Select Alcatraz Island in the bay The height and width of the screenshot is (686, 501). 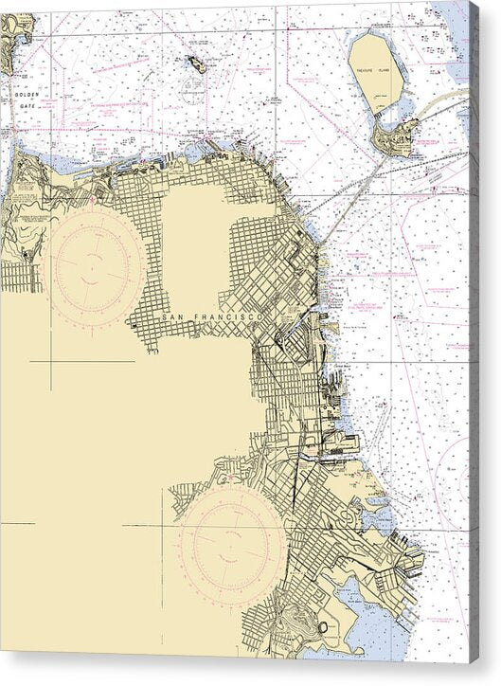click(x=197, y=64)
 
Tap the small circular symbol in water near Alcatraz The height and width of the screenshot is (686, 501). click(x=193, y=93)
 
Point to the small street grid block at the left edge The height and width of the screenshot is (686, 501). click(x=17, y=276)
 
